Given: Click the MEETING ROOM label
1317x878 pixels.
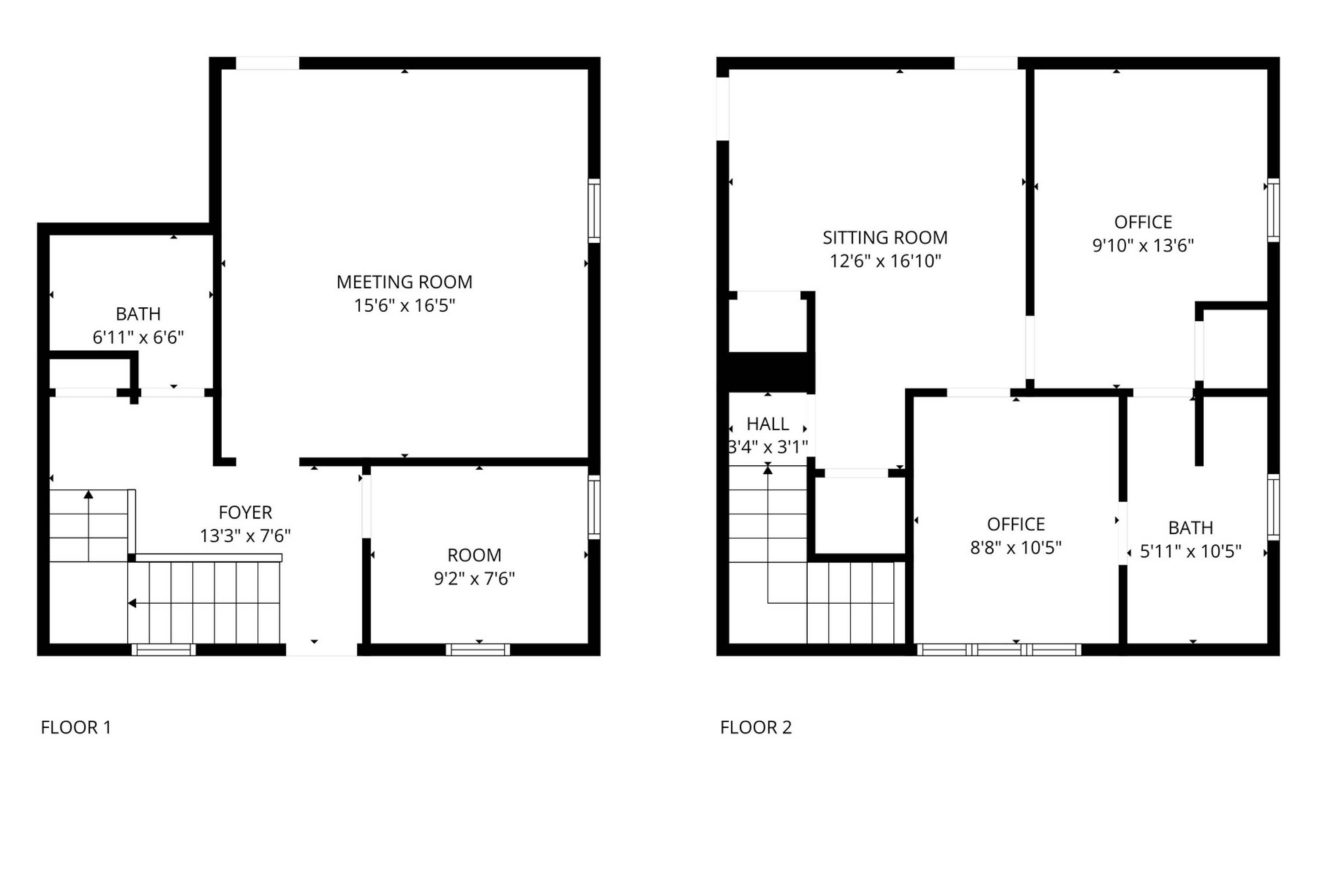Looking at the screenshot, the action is tap(404, 282).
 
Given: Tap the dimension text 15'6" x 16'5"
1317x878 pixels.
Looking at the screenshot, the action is tap(404, 305).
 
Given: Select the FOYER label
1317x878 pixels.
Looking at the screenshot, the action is tap(245, 512).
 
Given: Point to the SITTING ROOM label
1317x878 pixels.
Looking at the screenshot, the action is tap(885, 237).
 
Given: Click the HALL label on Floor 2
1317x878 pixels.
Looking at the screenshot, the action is tap(768, 424).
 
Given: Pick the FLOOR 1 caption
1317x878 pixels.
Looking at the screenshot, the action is tap(76, 727).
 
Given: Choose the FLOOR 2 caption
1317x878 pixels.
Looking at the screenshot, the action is tap(756, 727).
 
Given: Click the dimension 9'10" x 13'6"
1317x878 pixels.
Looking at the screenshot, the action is tap(1143, 245).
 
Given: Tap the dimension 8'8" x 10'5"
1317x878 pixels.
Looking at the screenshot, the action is tap(1016, 547).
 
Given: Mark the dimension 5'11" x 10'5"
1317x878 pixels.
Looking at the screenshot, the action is tap(1191, 551).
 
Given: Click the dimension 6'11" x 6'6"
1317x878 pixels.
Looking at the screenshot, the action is tap(138, 337).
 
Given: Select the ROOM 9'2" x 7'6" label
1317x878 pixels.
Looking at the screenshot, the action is tap(474, 567).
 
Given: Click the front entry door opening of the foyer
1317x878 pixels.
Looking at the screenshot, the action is tap(321, 650).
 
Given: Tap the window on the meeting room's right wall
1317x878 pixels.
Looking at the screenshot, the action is tap(594, 211).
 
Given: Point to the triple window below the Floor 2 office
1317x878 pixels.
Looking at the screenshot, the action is tap(999, 650).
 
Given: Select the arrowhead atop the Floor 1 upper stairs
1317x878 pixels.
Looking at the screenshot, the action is tap(89, 494).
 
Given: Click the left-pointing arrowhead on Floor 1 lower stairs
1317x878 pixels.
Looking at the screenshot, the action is tap(132, 603).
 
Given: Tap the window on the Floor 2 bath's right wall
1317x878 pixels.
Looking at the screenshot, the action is tap(1274, 507).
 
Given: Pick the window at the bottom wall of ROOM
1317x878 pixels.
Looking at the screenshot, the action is tap(478, 650).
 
